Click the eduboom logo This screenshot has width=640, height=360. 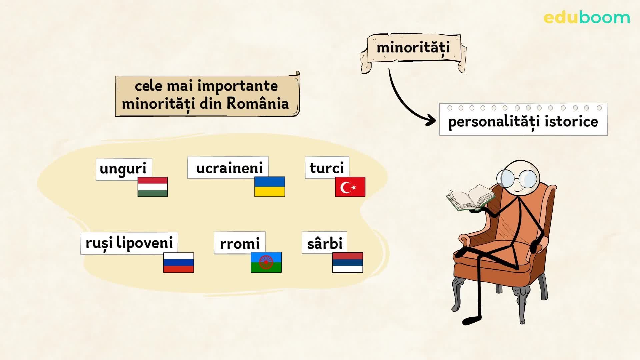[x=586, y=18]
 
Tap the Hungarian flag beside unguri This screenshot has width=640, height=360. [x=152, y=187]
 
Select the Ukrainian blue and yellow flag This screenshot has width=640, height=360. [x=269, y=187]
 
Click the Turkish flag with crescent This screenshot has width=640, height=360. [x=350, y=187]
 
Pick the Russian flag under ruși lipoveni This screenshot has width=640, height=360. [x=178, y=263]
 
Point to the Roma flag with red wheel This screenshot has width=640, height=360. [x=266, y=262]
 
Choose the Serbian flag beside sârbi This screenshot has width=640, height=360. [x=347, y=263]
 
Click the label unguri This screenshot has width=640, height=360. [x=123, y=168]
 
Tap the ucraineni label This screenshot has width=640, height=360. [x=229, y=168]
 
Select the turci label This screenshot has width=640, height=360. [x=327, y=168]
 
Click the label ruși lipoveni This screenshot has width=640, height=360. [x=129, y=243]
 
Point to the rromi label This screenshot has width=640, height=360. [x=239, y=243]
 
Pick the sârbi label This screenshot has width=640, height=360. [x=324, y=243]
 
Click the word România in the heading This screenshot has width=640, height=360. [x=257, y=103]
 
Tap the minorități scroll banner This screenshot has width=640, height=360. [x=413, y=48]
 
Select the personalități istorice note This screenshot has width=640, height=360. [x=523, y=121]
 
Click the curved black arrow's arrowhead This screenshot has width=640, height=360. [x=431, y=120]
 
